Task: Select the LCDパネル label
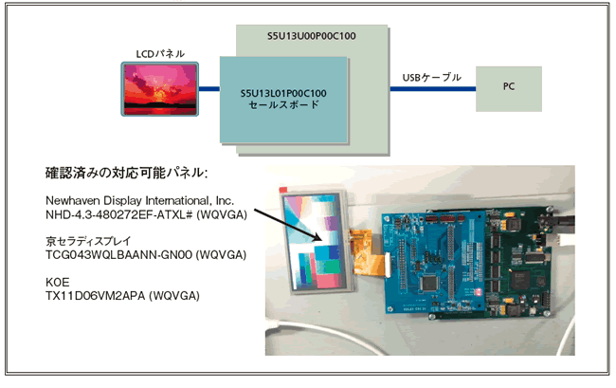161,53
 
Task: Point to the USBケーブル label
432,77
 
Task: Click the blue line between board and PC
432,89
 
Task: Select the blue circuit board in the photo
436,256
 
